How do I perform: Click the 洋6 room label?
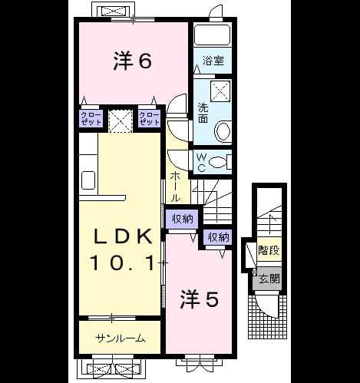[x=132, y=61]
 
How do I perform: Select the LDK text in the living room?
[x=124, y=236]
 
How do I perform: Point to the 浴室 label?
[x=213, y=61]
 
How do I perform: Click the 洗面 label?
[x=203, y=113]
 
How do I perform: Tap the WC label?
[x=202, y=162]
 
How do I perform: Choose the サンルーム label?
[x=121, y=339]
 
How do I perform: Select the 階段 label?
[x=269, y=250]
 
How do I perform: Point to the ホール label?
[x=175, y=187]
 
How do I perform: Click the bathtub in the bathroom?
[x=212, y=35]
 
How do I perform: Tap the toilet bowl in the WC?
[x=218, y=162]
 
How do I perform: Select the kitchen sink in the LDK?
[x=88, y=180]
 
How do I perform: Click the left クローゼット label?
[x=91, y=118]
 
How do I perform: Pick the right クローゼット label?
[x=150, y=118]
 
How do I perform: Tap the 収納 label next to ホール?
[x=182, y=219]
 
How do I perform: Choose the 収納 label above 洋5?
[x=218, y=238]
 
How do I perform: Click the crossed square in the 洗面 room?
[x=220, y=91]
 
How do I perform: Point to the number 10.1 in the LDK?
[x=123, y=262]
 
